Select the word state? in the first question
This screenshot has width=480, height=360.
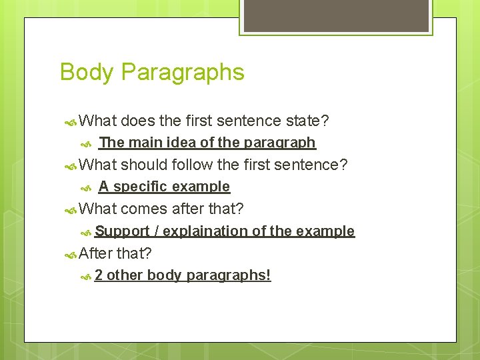click(x=307, y=121)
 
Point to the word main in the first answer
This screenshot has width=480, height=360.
click(x=147, y=143)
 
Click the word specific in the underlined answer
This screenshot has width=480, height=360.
click(x=141, y=187)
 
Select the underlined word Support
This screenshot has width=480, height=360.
click(x=122, y=231)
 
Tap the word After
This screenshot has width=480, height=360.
click(x=95, y=253)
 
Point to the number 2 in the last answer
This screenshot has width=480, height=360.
click(x=99, y=275)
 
